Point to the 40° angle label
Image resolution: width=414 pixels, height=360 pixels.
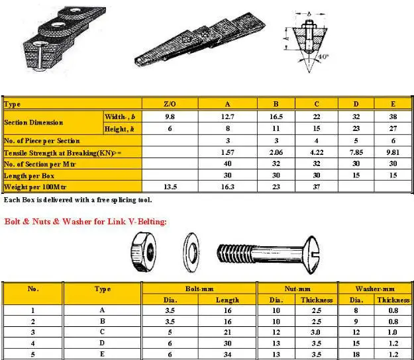tap(323, 56)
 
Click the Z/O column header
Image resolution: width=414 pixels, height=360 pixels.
tap(170, 104)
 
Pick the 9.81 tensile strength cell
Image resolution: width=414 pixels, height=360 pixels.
tap(393, 152)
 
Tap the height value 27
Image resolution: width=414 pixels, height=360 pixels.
tap(393, 128)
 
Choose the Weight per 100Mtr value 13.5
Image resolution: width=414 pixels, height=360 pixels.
tap(170, 187)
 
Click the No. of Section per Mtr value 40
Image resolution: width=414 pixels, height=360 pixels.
tap(227, 163)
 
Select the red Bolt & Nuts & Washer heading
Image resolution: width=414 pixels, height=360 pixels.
tap(85, 220)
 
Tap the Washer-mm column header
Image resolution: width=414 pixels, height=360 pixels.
tap(375, 289)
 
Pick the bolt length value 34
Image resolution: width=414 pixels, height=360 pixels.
tap(227, 354)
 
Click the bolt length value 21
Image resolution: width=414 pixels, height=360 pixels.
tap(227, 332)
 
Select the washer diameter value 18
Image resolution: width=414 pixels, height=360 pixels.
tap(356, 354)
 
